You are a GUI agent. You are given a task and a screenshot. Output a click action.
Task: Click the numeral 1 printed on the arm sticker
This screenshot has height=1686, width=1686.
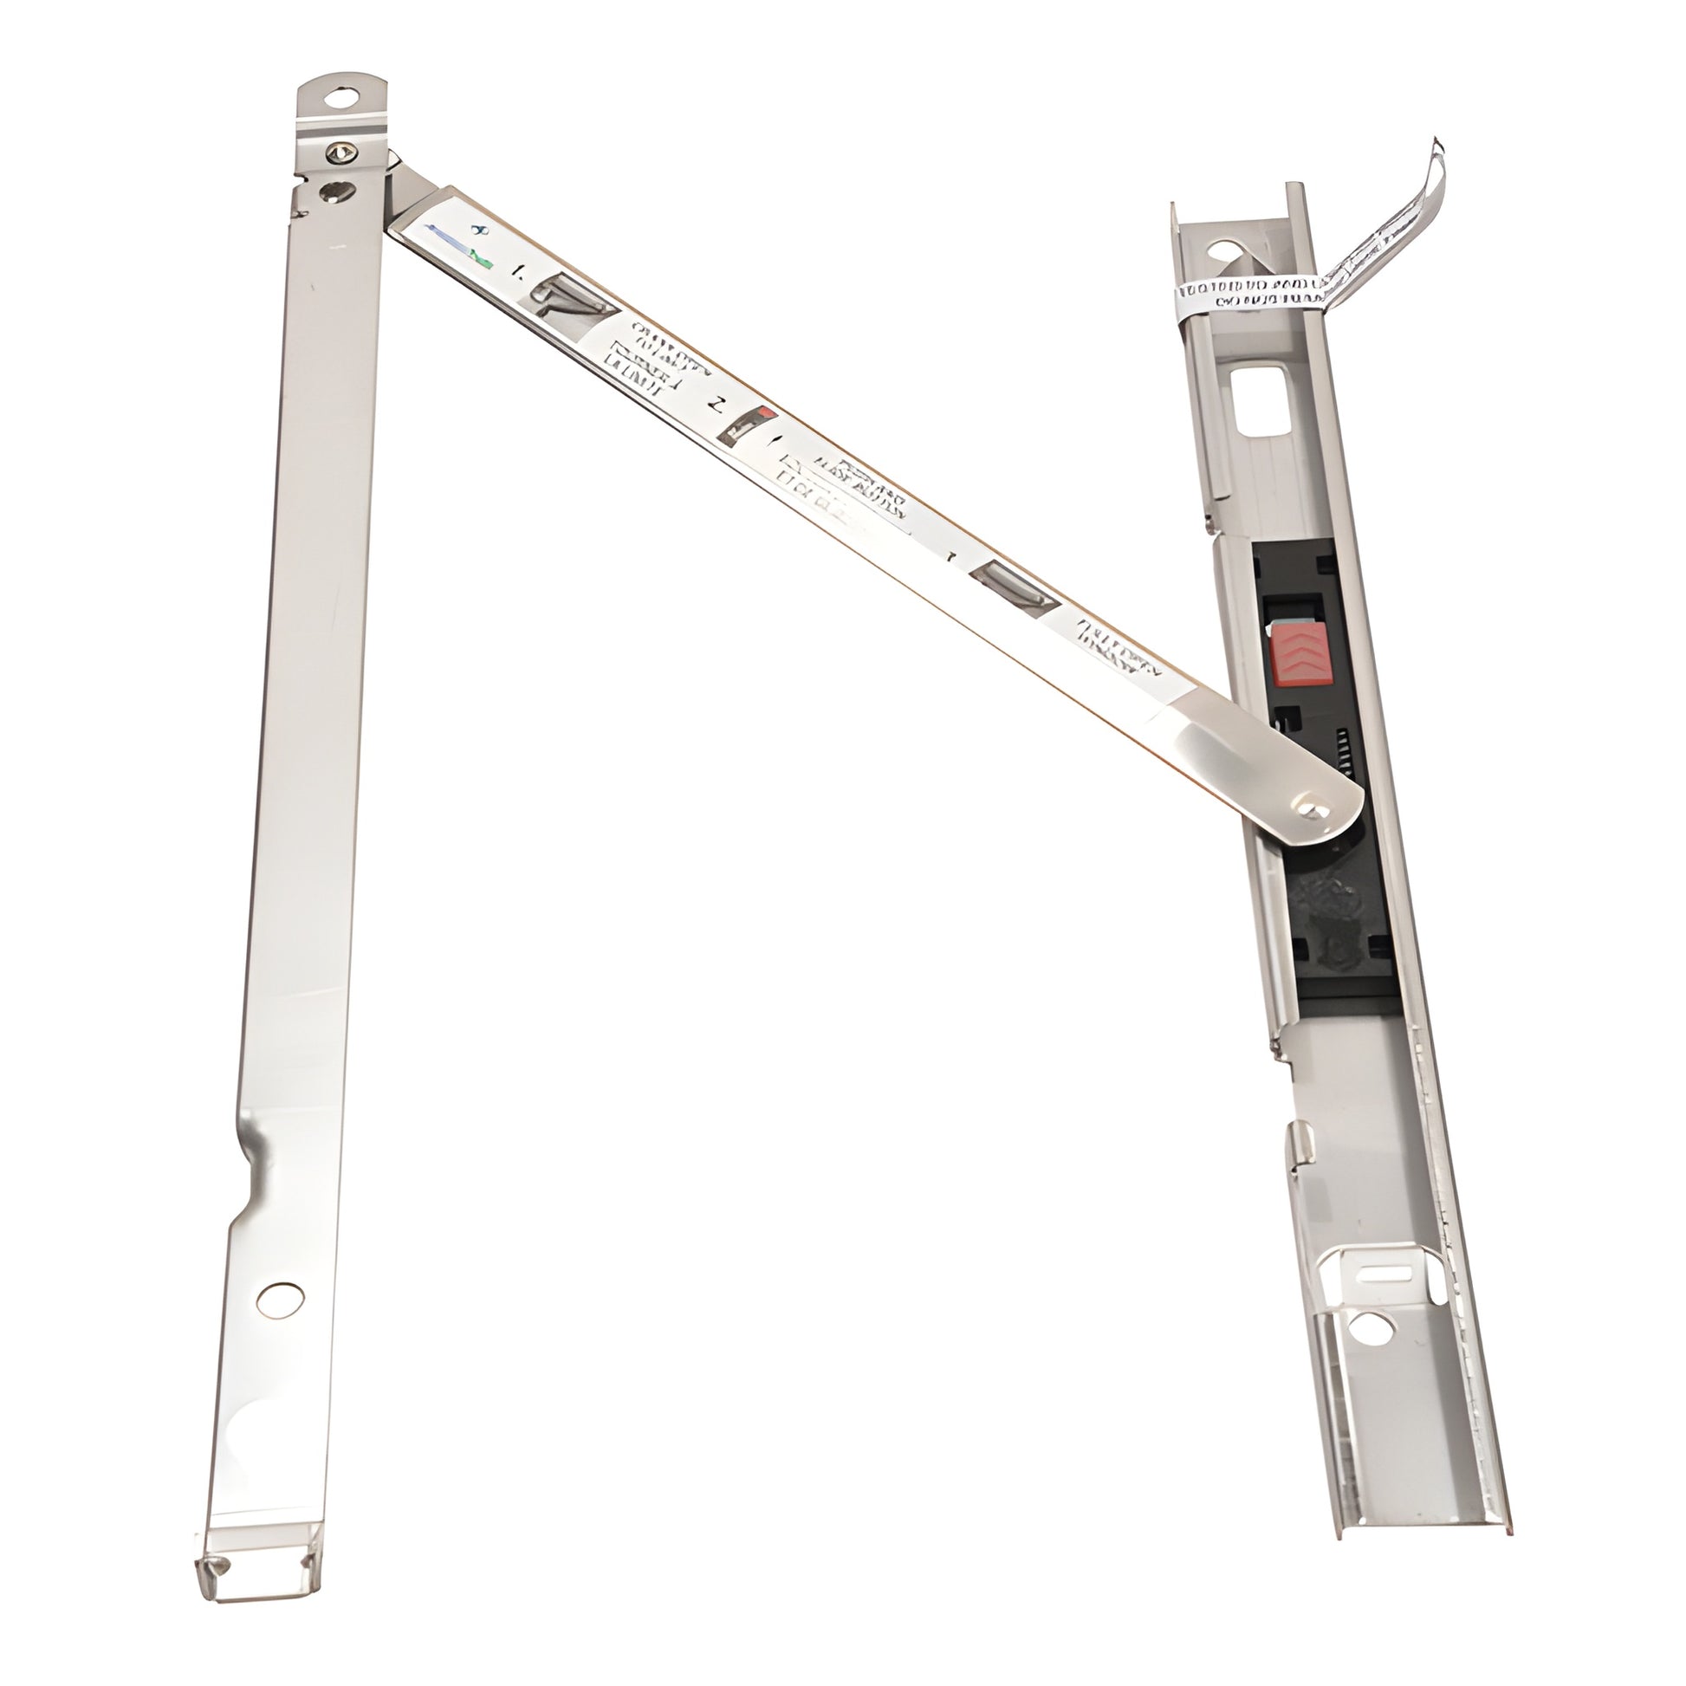click(520, 272)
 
